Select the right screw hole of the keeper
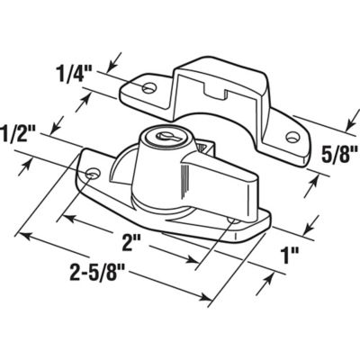point(292,137)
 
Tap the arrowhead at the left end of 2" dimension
point(90,214)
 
